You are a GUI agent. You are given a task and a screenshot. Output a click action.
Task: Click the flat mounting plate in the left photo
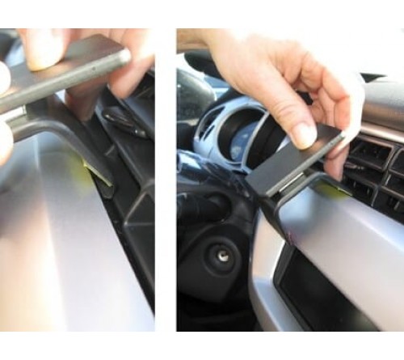click(65, 77)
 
